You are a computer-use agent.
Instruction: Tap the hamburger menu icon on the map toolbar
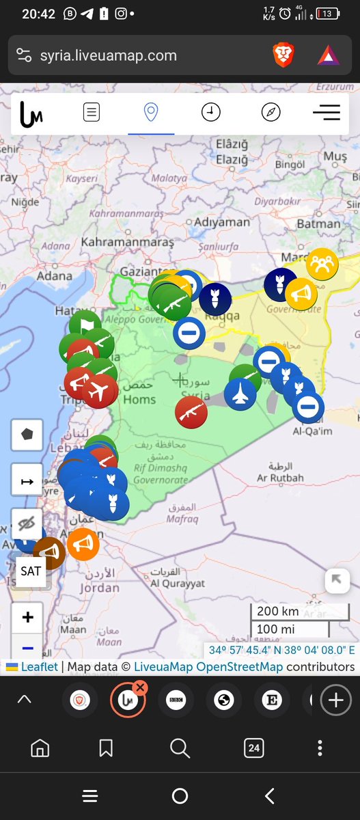326,113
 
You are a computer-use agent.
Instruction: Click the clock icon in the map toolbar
210,113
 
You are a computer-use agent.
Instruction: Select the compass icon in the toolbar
271,113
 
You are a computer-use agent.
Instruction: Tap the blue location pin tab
151,113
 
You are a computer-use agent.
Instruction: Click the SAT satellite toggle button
31,571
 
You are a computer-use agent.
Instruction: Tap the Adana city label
54,276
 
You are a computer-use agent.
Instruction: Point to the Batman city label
318,223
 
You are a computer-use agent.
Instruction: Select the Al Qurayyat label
178,584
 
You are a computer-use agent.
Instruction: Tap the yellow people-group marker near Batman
322,263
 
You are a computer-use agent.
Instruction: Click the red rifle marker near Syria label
191,412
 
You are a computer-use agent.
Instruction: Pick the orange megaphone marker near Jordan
83,545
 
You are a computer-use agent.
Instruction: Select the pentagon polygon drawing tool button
28,434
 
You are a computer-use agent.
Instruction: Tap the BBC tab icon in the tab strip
176,700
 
